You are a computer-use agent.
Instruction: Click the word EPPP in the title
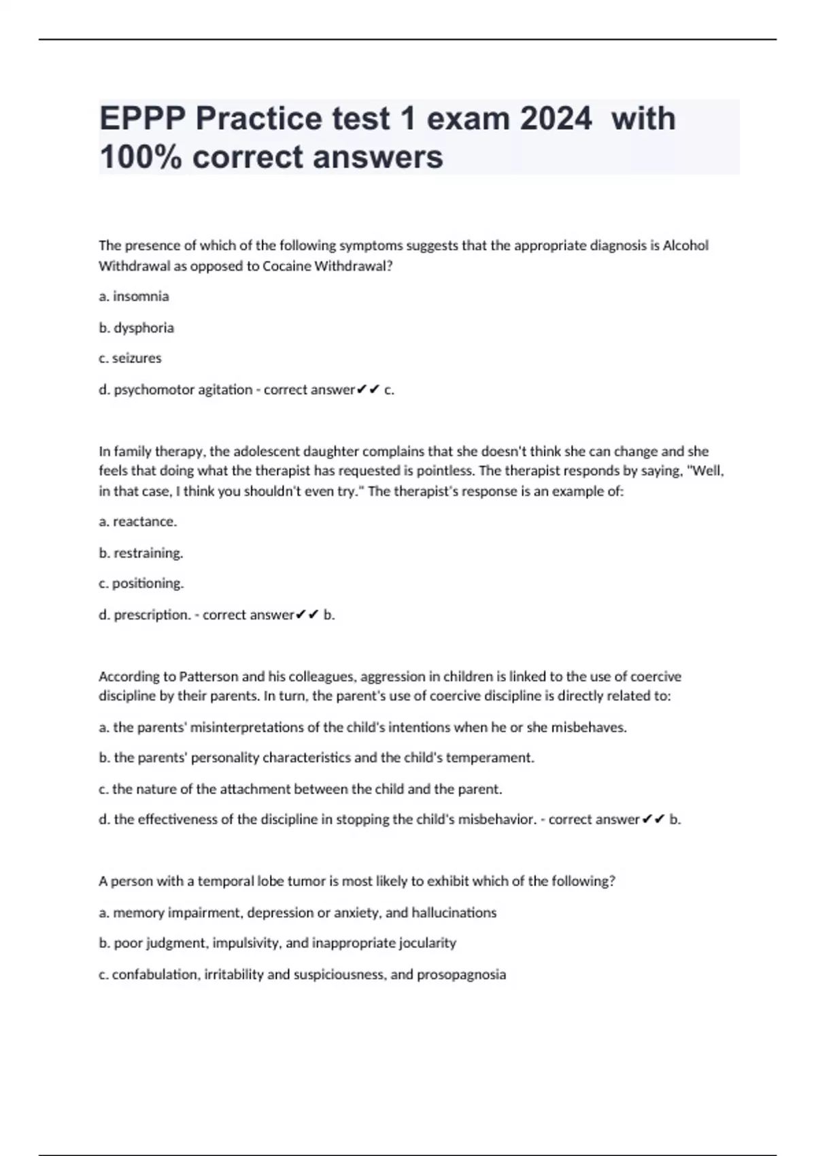tap(142, 119)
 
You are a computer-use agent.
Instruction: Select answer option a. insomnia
tap(134, 296)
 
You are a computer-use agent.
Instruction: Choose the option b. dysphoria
tap(136, 328)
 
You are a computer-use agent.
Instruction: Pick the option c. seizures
tap(130, 358)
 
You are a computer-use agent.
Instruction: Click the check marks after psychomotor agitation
tap(368, 390)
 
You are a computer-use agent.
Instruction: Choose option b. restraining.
tap(141, 553)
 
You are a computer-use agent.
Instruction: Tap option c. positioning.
tap(141, 583)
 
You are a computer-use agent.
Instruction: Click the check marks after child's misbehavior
tap(653, 819)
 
